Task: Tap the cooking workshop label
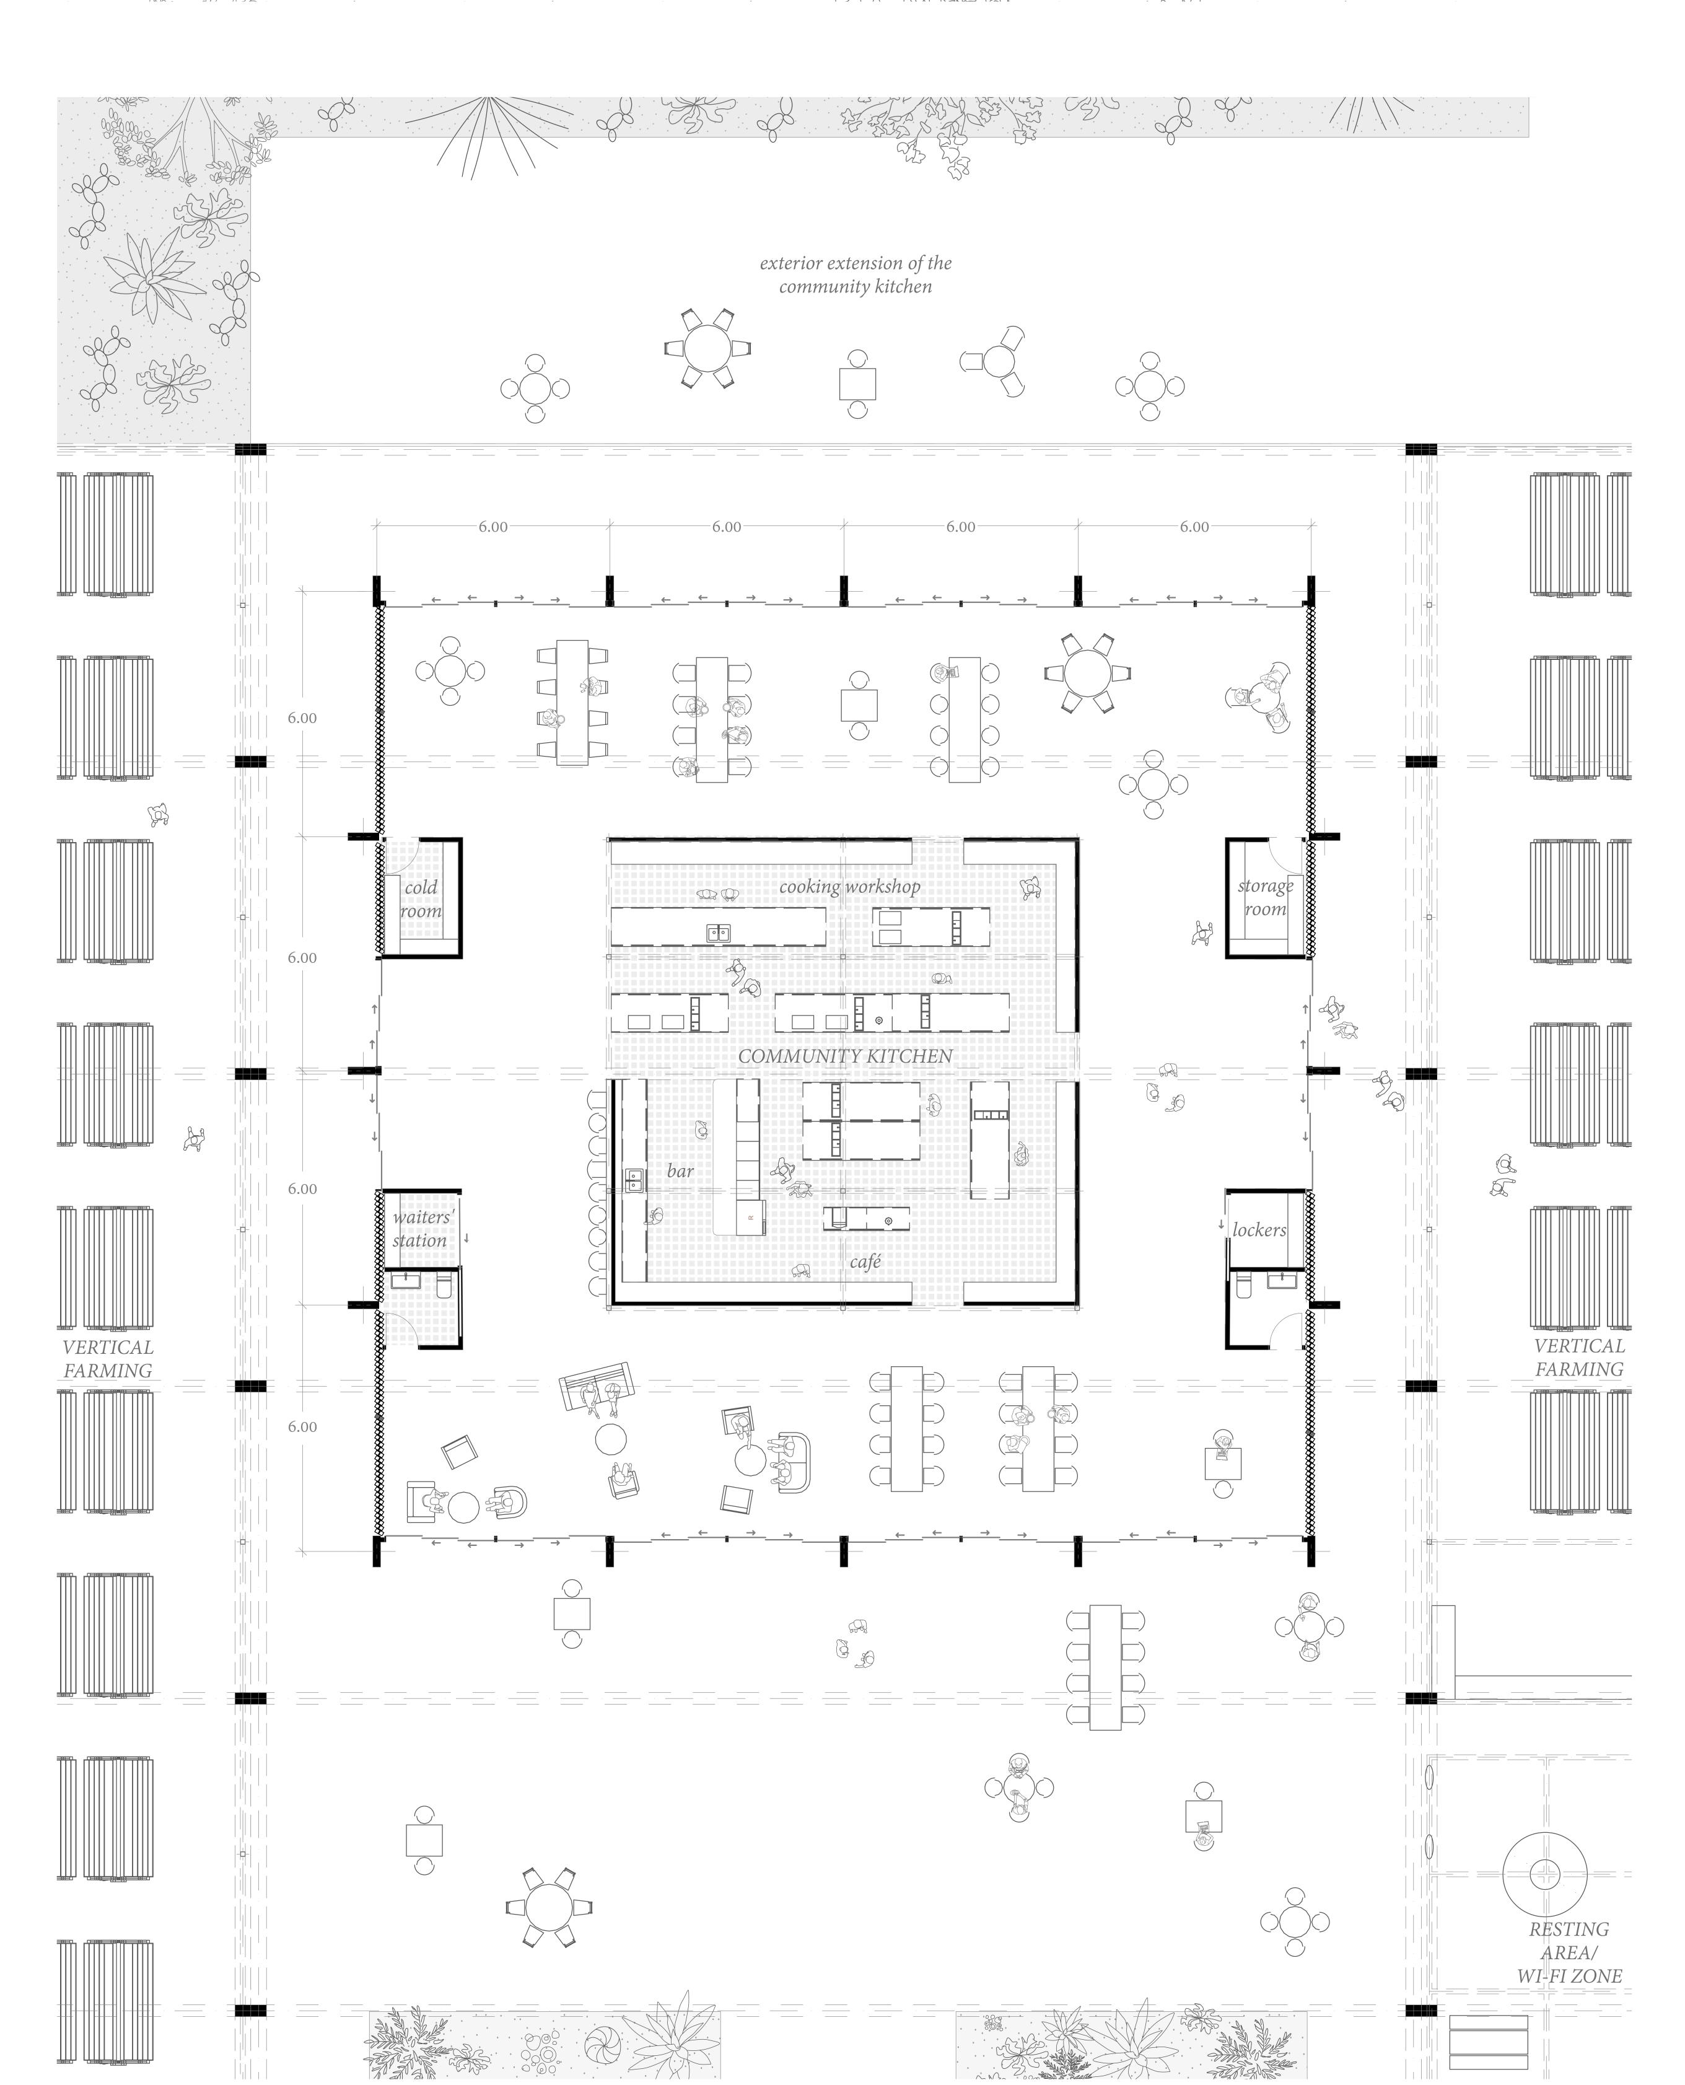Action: [849, 886]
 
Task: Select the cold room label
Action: [420, 899]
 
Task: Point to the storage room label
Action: [1265, 897]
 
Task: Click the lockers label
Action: [1259, 1230]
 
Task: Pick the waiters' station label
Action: [421, 1229]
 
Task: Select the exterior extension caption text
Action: [855, 274]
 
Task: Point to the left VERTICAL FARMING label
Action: [108, 1359]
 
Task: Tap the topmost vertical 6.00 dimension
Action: [302, 718]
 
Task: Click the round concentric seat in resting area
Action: [1544, 1874]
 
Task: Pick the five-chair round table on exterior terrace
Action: [709, 348]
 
